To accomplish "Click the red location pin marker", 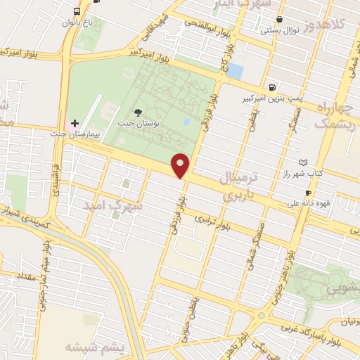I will [181, 166].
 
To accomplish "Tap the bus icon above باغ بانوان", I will [76, 11].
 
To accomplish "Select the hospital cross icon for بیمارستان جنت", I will [75, 123].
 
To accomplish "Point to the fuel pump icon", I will [272, 88].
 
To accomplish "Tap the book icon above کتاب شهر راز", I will [304, 162].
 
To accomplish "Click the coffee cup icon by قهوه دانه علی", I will [308, 193].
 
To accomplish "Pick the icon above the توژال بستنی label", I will [280, 19].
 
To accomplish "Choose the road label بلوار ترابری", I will [213, 224].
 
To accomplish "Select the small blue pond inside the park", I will [186, 122].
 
